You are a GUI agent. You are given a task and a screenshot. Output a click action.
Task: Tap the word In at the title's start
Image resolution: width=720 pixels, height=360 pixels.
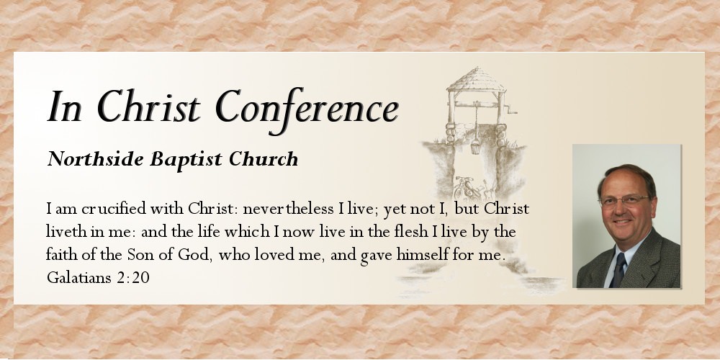tap(65, 107)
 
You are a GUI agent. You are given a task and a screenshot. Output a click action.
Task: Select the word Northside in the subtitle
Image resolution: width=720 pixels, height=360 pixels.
tap(95, 159)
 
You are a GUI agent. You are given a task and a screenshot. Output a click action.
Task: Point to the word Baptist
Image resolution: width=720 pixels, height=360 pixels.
tap(186, 160)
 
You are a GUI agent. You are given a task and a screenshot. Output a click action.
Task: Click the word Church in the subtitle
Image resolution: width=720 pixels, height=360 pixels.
tap(264, 159)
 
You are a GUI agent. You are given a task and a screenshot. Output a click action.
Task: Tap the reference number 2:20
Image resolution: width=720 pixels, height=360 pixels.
tap(134, 277)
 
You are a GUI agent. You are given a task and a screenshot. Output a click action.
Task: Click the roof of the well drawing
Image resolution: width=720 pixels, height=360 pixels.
tap(476, 80)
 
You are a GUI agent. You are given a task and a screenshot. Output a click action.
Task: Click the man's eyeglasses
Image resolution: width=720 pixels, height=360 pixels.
tap(624, 201)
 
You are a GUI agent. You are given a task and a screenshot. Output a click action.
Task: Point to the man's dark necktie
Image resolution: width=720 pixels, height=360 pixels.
tap(618, 271)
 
